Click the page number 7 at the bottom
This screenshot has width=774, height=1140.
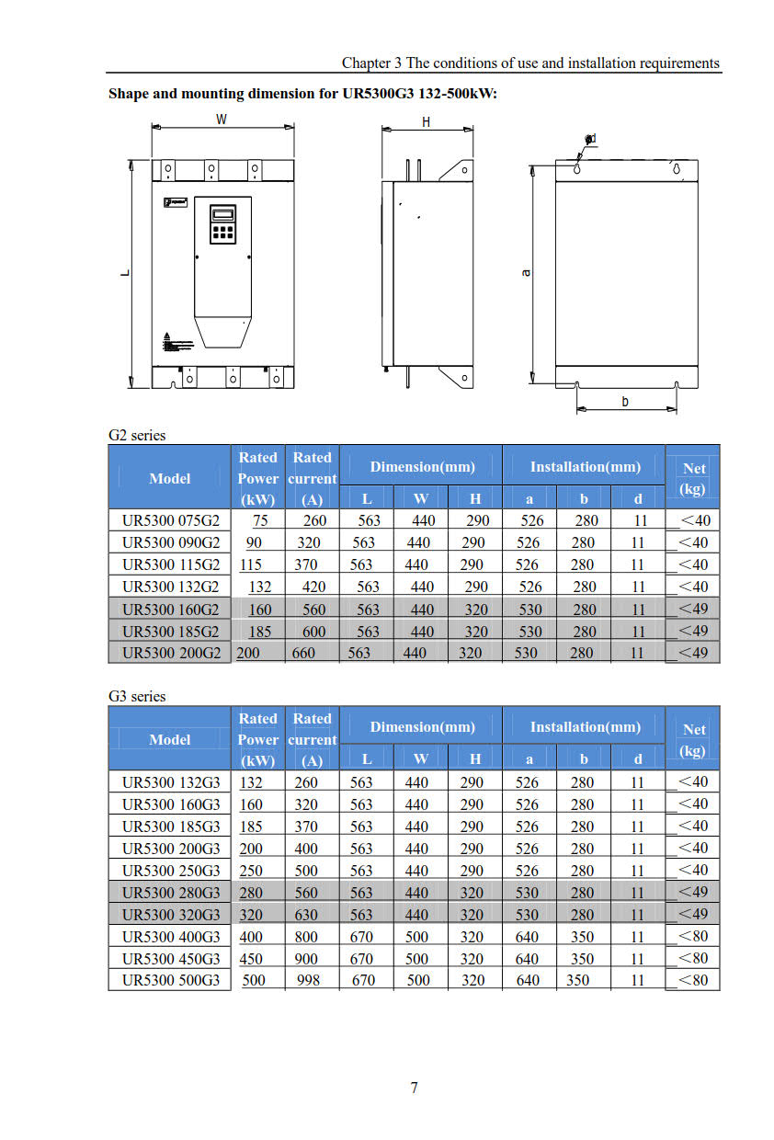pos(415,1088)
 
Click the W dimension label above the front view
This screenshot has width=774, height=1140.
pos(222,120)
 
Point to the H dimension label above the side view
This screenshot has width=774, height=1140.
pos(426,122)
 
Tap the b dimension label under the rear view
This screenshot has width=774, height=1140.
pos(625,402)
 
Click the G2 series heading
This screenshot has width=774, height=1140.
pos(137,435)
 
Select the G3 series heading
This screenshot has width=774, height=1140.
pos(137,696)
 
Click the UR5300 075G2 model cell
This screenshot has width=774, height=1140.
pos(170,520)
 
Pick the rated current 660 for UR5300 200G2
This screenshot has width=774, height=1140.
pos(303,653)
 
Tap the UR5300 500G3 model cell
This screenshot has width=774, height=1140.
pos(170,980)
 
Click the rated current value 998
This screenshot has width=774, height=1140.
pos(309,980)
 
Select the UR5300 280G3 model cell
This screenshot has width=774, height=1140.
pos(170,892)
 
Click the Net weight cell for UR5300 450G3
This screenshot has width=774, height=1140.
pos(693,958)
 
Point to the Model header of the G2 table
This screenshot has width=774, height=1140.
pos(170,478)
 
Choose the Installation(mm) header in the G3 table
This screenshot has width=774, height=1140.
pos(585,727)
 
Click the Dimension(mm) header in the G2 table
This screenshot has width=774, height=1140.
pos(423,467)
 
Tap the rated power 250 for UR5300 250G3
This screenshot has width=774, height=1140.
pos(252,870)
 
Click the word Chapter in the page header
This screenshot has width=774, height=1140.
pos(366,63)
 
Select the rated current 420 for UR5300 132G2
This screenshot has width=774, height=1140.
pos(314,587)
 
